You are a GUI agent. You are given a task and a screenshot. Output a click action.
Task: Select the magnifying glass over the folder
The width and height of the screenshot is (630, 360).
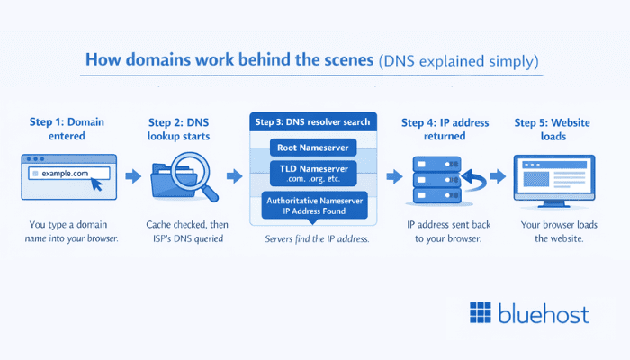pyautogui.click(x=196, y=170)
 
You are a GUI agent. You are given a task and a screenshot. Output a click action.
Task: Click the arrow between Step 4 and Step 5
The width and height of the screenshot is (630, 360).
pyautogui.click(x=497, y=175)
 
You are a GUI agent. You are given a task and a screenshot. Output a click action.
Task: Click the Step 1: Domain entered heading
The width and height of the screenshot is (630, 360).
pyautogui.click(x=67, y=130)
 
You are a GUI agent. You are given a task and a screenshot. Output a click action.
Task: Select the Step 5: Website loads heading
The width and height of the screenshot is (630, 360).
pyautogui.click(x=553, y=130)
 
